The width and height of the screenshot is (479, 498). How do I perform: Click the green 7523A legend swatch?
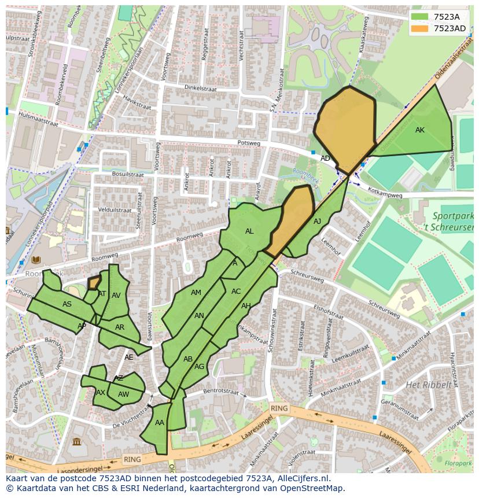pyautogui.click(x=420, y=17)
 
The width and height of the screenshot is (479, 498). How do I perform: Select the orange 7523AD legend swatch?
pyautogui.click(x=420, y=28)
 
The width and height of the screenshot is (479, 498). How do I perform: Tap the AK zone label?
pyautogui.click(x=420, y=130)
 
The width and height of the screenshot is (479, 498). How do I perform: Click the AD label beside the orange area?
pyautogui.click(x=325, y=158)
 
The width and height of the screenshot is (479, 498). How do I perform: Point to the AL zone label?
pyautogui.click(x=249, y=231)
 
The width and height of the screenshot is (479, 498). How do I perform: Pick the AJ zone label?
pyautogui.click(x=317, y=222)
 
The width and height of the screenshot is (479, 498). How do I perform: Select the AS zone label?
pyautogui.click(x=67, y=304)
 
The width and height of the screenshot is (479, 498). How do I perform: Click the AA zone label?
pyautogui.click(x=160, y=423)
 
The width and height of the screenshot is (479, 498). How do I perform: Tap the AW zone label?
pyautogui.click(x=123, y=394)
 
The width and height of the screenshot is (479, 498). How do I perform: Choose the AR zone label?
pyautogui.click(x=120, y=327)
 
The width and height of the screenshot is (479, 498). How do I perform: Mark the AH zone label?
pyautogui.click(x=246, y=306)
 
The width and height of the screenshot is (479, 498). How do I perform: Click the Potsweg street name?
pyautogui.click(x=249, y=143)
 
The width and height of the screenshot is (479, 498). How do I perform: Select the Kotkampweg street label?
pyautogui.click(x=385, y=195)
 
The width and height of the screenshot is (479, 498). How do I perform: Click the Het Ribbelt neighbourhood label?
pyautogui.click(x=428, y=385)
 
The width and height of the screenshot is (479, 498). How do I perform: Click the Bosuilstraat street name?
pyautogui.click(x=128, y=174)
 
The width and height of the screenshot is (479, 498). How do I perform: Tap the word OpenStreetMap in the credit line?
pyautogui.click(x=311, y=488)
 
